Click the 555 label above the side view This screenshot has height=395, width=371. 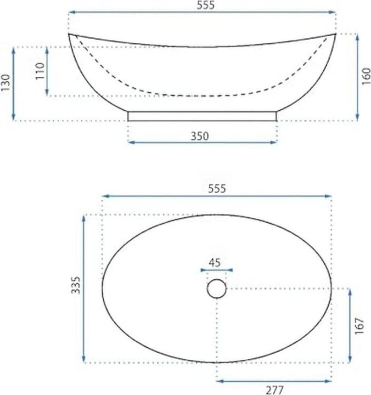pyautogui.click(x=203, y=5)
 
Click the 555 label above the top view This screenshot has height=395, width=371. pyautogui.click(x=217, y=188)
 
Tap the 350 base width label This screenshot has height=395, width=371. pyautogui.click(x=200, y=136)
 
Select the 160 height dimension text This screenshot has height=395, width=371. pyautogui.click(x=367, y=76)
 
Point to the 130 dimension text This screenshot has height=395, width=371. pyautogui.click(x=5, y=84)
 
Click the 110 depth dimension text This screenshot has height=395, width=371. pyautogui.click(x=40, y=71)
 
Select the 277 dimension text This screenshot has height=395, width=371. pyautogui.click(x=274, y=390)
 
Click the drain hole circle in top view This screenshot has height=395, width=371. pyautogui.click(x=217, y=289)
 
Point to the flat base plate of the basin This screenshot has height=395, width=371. pyautogui.click(x=203, y=116)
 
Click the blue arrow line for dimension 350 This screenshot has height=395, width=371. pyautogui.click(x=203, y=143)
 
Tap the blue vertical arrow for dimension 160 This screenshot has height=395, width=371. pyautogui.click(x=357, y=77)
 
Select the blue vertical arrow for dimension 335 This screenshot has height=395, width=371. pyautogui.click(x=84, y=289)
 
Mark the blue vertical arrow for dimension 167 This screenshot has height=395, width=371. pyautogui.click(x=350, y=325)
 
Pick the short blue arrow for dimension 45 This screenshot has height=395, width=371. pyautogui.click(x=217, y=270)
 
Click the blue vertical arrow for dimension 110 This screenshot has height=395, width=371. pyautogui.click(x=48, y=71)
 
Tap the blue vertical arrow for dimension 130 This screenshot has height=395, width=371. pyautogui.click(x=13, y=84)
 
